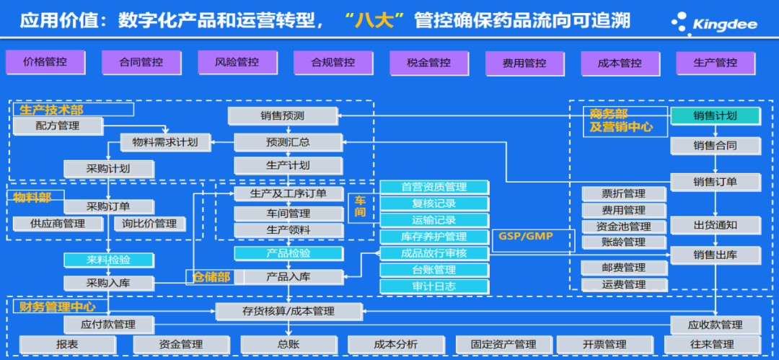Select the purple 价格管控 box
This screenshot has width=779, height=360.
[x=45, y=62]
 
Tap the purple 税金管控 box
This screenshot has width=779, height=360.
[x=428, y=63]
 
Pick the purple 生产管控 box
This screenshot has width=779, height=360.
[x=716, y=63]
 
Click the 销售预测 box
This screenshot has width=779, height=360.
[x=282, y=115]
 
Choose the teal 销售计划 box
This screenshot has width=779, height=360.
[x=715, y=115]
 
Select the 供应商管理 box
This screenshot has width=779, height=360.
[x=58, y=224]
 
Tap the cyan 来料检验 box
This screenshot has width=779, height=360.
[x=108, y=259]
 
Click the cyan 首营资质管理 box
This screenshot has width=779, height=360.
[x=433, y=187]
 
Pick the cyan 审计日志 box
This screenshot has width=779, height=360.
[x=433, y=286]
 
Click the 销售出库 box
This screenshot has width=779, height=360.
[x=715, y=254]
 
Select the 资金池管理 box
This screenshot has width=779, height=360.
[x=624, y=227]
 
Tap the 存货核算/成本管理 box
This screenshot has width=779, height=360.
[x=289, y=311]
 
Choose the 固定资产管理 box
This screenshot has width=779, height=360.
[x=503, y=344]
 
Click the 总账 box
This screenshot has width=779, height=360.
[x=288, y=344]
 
